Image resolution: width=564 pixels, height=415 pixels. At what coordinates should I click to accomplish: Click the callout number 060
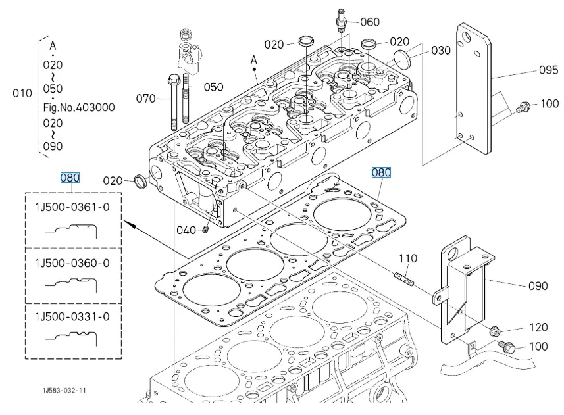370,22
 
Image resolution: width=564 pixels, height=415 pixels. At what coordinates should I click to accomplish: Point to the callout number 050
213,87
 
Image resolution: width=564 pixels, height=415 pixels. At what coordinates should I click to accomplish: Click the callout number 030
442,51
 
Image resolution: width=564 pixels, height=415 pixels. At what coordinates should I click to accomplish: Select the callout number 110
408,258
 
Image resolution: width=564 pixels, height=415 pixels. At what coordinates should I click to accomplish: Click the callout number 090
538,287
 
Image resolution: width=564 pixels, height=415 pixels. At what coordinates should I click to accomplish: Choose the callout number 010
21,93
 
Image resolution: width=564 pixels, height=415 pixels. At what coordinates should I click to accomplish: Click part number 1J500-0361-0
72,208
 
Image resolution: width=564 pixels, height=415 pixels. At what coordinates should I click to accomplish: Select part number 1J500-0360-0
72,263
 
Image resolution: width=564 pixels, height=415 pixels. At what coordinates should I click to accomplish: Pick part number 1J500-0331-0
72,317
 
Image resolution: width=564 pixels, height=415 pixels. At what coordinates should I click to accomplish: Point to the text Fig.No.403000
86,106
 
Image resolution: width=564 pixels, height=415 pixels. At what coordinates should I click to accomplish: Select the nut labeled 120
496,329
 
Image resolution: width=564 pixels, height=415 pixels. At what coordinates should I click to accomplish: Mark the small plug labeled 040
206,230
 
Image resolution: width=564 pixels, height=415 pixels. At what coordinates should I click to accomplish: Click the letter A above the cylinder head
253,61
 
